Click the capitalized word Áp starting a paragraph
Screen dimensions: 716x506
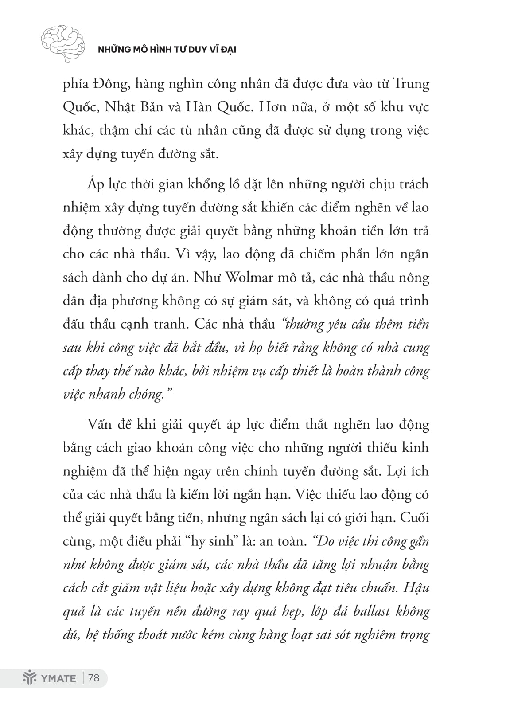point(95,184)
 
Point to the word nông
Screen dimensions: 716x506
point(413,278)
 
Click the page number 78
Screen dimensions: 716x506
point(94,678)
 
